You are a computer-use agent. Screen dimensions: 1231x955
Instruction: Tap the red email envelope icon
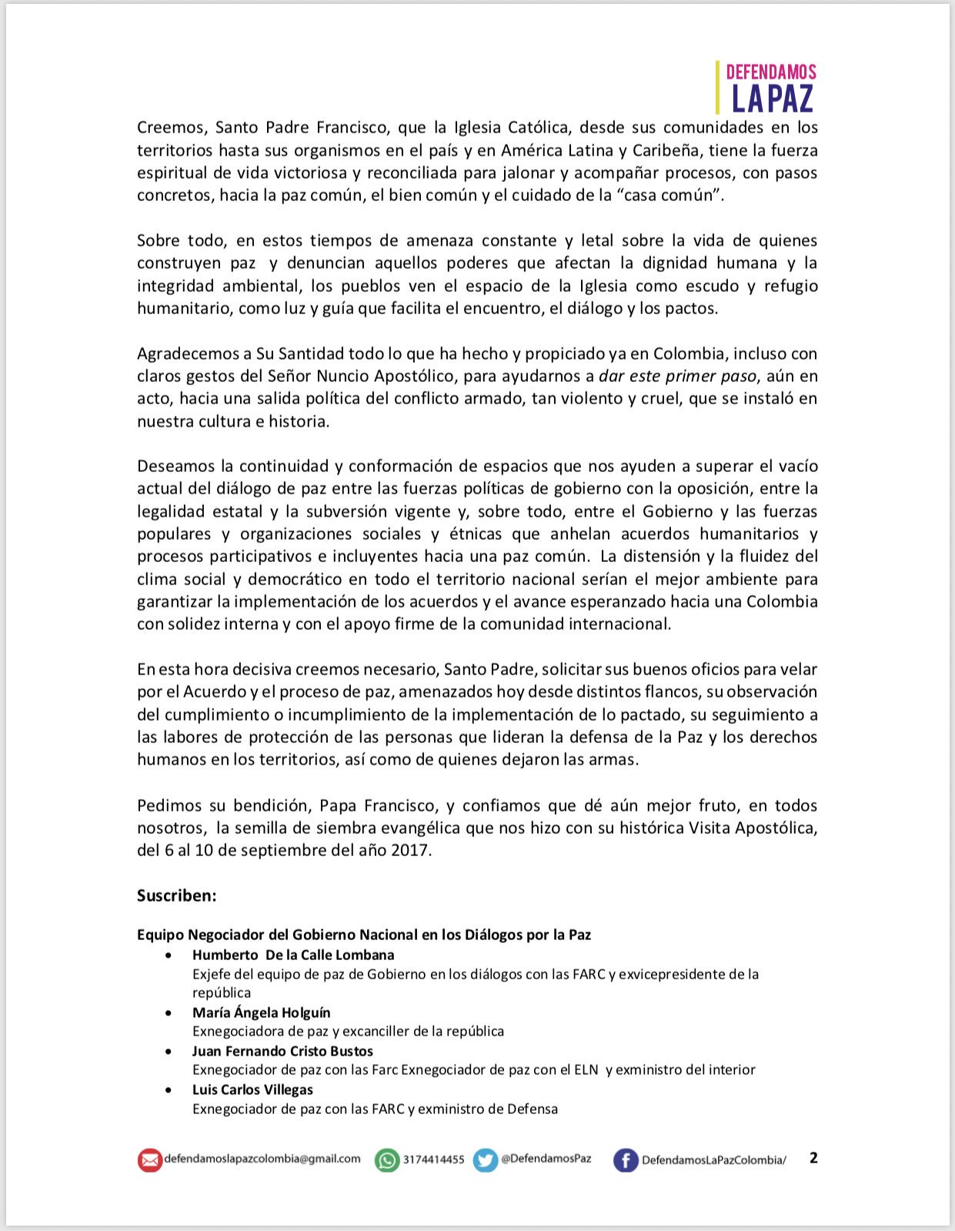(x=149, y=1160)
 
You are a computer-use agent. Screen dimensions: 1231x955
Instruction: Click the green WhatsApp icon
(x=387, y=1160)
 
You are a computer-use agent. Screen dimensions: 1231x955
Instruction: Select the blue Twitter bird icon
(x=485, y=1160)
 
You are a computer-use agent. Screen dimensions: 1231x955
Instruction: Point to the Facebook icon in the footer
(x=626, y=1160)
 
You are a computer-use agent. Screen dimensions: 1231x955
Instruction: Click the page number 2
(x=813, y=1158)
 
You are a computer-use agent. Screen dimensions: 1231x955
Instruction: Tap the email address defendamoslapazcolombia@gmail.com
(x=262, y=1159)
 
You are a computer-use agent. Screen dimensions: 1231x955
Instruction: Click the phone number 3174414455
(x=434, y=1159)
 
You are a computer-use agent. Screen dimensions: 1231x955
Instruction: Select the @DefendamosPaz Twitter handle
(x=546, y=1159)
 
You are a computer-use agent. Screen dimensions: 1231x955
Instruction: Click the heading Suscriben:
(x=177, y=895)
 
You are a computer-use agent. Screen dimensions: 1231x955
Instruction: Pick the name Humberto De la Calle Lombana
(x=293, y=955)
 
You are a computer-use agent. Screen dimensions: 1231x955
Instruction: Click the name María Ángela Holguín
(x=262, y=1013)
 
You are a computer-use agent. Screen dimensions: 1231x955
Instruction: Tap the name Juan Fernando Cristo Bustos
(x=282, y=1052)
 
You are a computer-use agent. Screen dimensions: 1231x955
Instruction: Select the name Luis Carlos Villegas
(x=252, y=1090)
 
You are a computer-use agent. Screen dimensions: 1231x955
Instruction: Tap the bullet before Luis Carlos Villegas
(x=169, y=1090)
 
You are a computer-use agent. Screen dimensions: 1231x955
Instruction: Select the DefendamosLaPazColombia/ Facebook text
(x=714, y=1160)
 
